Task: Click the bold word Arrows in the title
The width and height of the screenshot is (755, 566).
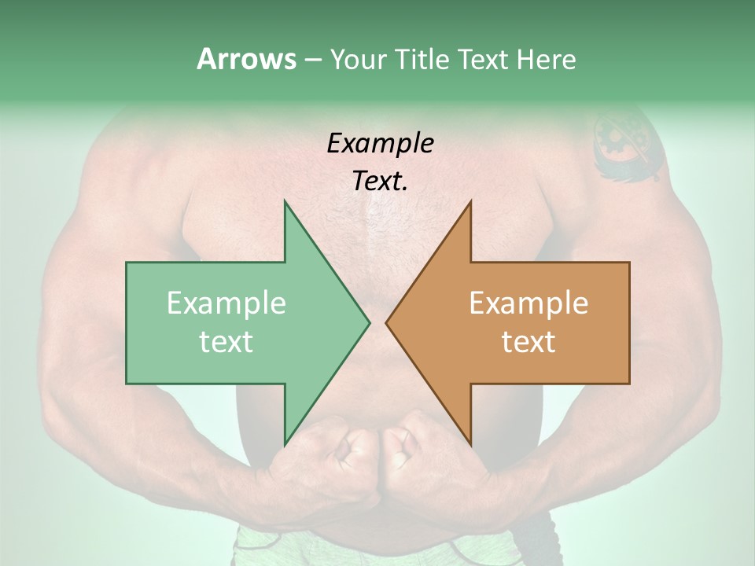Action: tap(246, 59)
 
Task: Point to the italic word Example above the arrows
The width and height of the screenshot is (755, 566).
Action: tap(380, 143)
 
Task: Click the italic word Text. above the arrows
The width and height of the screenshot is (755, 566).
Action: tap(380, 182)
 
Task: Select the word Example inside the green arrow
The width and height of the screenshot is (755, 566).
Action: tap(226, 303)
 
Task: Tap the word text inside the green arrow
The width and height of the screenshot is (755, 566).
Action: tap(226, 341)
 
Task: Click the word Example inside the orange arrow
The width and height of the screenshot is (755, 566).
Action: tap(528, 303)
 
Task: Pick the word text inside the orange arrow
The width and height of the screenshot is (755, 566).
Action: tap(528, 341)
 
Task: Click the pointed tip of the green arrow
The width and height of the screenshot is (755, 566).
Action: tap(369, 322)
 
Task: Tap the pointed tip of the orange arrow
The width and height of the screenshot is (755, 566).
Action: tap(387, 322)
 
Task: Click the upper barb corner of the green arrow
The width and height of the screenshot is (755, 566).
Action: tap(285, 201)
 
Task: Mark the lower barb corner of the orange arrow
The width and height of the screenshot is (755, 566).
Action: tap(470, 444)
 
